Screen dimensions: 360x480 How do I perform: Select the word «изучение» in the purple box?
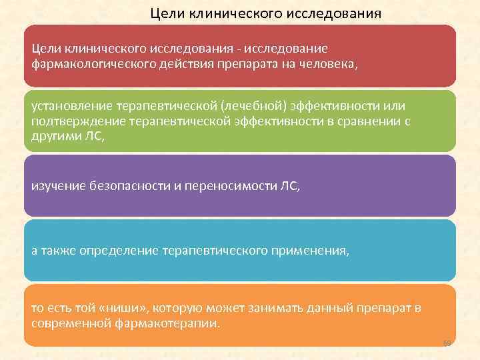(59, 187)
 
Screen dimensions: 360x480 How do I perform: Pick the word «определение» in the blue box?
(118, 251)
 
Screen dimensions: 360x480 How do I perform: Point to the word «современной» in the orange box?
(70, 323)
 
